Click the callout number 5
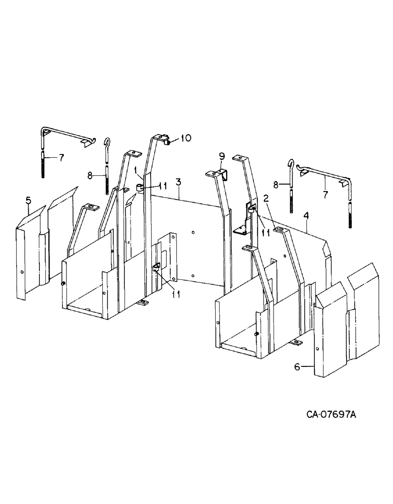tap(28, 202)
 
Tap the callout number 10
tap(186, 138)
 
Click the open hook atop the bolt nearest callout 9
tap(291, 164)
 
